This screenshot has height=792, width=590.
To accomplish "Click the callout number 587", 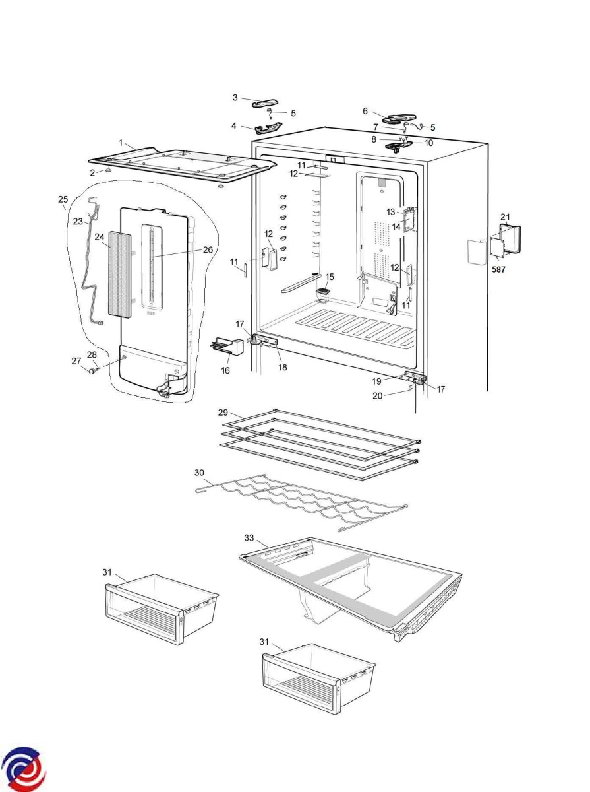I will click(x=498, y=269).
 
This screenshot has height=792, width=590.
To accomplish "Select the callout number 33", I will click(x=249, y=537).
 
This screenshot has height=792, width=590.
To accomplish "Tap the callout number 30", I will click(x=200, y=473).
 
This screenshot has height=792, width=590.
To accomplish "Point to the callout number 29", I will click(x=223, y=412).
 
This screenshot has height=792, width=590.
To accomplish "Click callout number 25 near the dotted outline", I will click(x=63, y=199).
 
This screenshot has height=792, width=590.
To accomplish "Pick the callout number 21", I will click(x=505, y=216).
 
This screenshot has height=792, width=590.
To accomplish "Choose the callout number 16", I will click(x=225, y=371).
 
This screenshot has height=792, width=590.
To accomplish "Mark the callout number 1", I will click(x=121, y=143).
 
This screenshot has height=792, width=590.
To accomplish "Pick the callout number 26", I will click(x=208, y=250).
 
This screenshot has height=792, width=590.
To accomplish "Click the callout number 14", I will click(x=398, y=226).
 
